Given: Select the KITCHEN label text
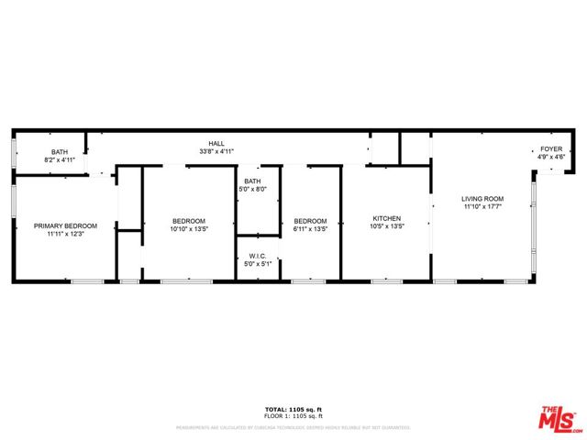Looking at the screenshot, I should pyautogui.click(x=386, y=218).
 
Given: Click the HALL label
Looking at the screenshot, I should pyautogui.click(x=217, y=144).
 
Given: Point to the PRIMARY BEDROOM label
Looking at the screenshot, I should pyautogui.click(x=65, y=225).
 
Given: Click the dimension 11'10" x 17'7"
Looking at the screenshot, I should pyautogui.click(x=483, y=206).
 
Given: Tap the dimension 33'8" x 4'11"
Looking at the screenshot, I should pyautogui.click(x=217, y=151).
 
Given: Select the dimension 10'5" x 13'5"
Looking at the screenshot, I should pyautogui.click(x=386, y=225).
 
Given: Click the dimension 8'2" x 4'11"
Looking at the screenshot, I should pyautogui.click(x=60, y=160).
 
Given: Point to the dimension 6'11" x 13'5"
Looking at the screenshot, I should pyautogui.click(x=310, y=228).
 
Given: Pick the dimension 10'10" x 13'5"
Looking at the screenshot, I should pyautogui.click(x=189, y=228).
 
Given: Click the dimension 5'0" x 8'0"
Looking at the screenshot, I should pyautogui.click(x=252, y=189).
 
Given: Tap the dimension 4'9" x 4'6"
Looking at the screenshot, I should pyautogui.click(x=551, y=157).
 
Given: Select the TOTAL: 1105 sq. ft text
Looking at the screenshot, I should pyautogui.click(x=293, y=409).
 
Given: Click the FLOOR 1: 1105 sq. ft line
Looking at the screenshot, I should pyautogui.click(x=293, y=416).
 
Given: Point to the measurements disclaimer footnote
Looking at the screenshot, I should pyautogui.click(x=293, y=427).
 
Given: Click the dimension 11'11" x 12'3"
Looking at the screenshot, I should pyautogui.click(x=65, y=233).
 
